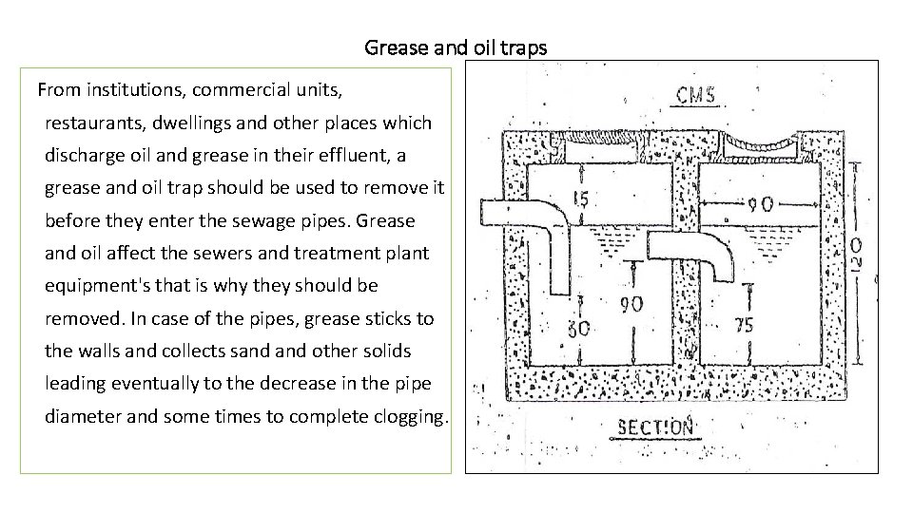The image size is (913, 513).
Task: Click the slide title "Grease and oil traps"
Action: [x=456, y=47]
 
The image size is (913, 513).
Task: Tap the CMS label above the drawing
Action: [x=696, y=96]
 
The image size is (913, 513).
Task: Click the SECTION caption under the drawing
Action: [x=656, y=427]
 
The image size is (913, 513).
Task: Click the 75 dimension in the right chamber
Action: [x=745, y=325]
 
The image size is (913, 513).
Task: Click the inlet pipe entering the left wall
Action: [x=521, y=211]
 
